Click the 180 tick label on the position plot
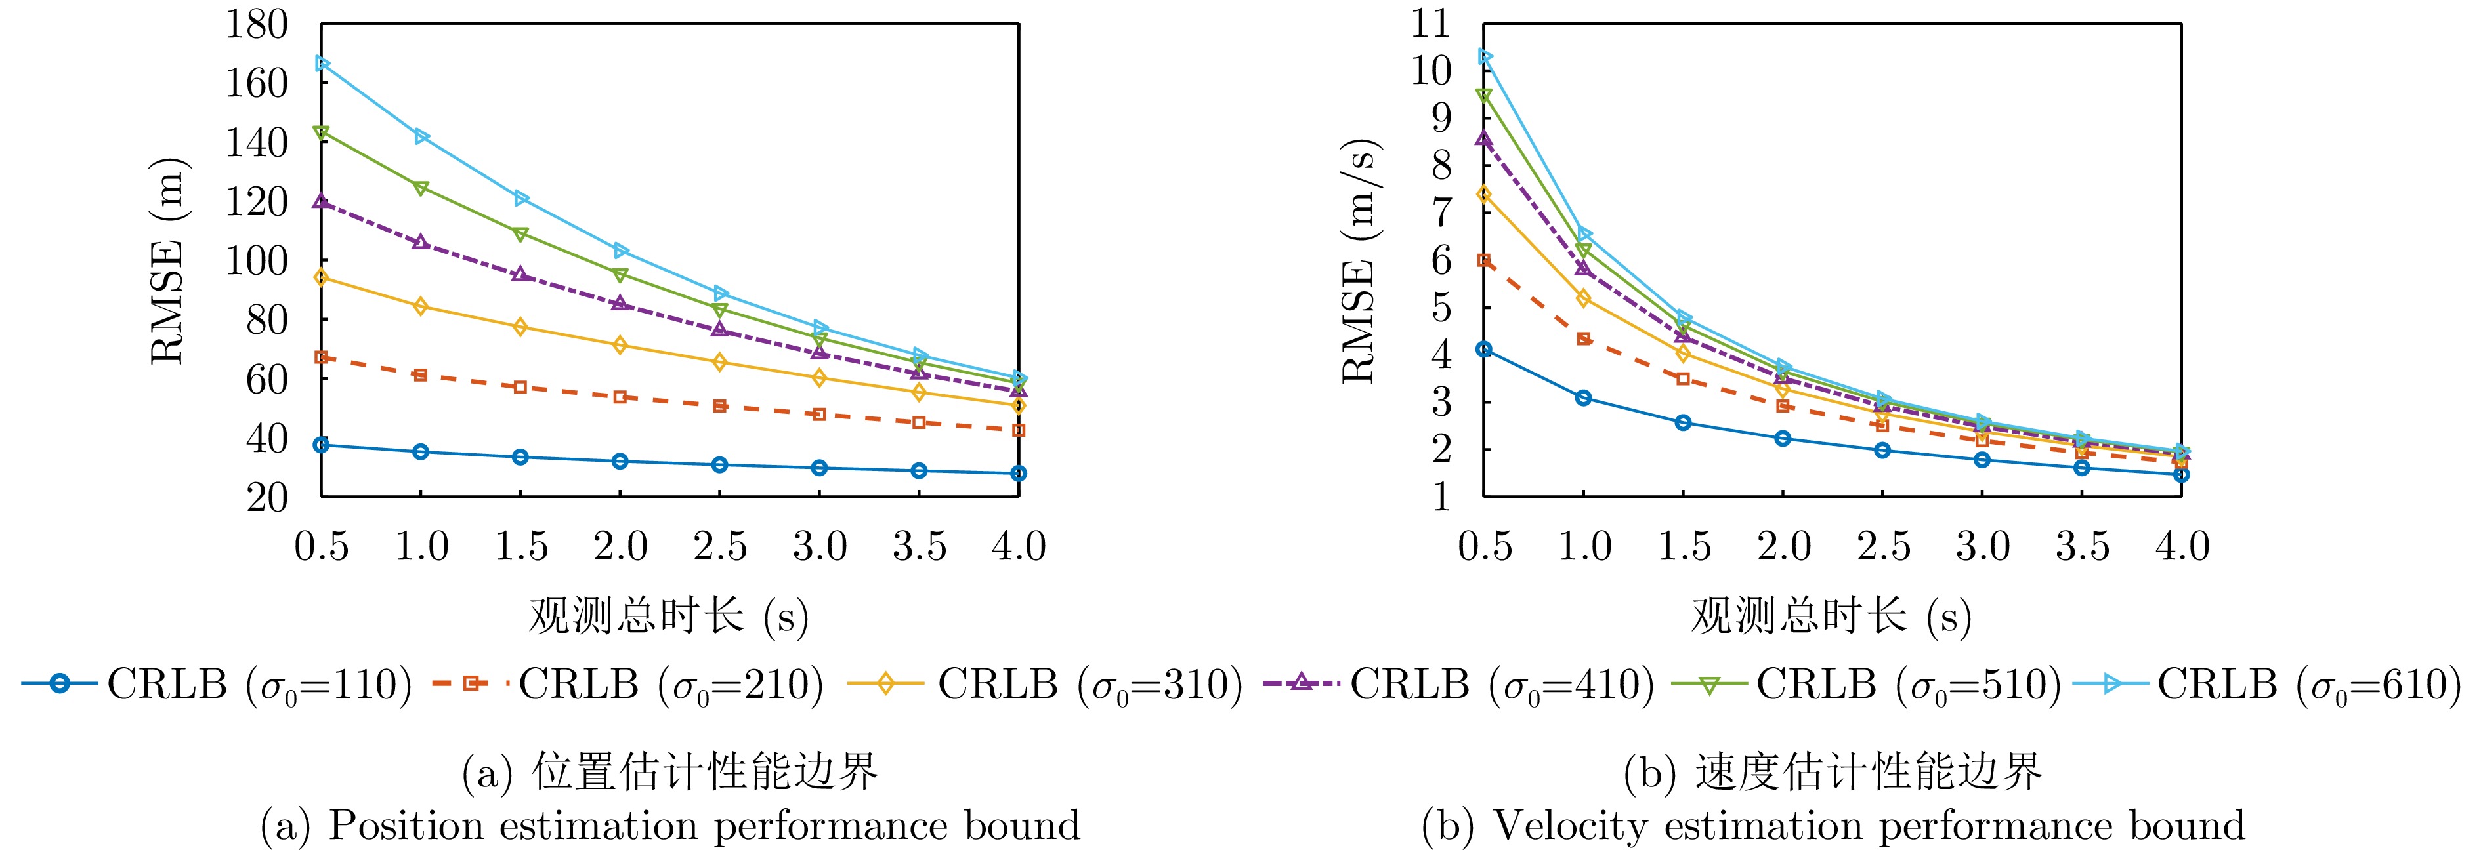256,25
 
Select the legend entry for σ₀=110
217,685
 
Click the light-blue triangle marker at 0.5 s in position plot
322,64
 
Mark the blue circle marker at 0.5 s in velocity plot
1484,350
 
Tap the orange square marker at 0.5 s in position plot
322,357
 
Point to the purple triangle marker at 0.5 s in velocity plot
1484,138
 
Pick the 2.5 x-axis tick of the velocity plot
1883,547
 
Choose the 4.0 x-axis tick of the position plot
1019,547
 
